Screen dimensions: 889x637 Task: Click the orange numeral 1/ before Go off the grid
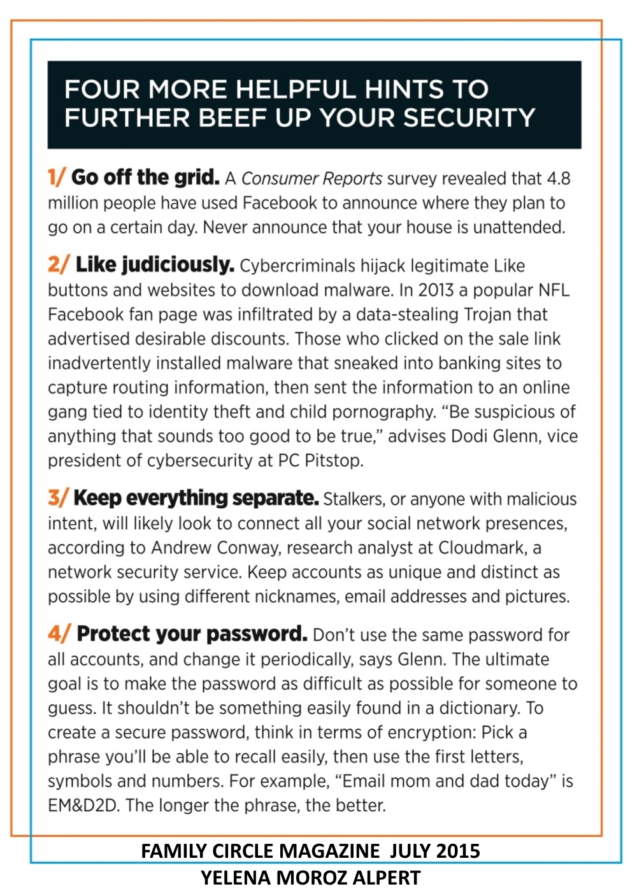tap(56, 177)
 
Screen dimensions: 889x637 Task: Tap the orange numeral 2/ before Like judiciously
tap(58, 264)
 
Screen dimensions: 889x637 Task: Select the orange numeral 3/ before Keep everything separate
tap(57, 498)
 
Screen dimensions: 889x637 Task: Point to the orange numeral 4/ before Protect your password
tap(59, 634)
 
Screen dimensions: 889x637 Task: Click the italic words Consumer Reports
tap(311, 178)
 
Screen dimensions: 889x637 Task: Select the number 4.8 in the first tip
tap(558, 178)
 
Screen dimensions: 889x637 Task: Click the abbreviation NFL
tap(554, 290)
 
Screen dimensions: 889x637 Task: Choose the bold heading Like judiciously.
tap(155, 264)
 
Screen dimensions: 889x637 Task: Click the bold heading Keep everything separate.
tap(196, 498)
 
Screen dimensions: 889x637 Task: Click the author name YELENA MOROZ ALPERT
tap(310, 878)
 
